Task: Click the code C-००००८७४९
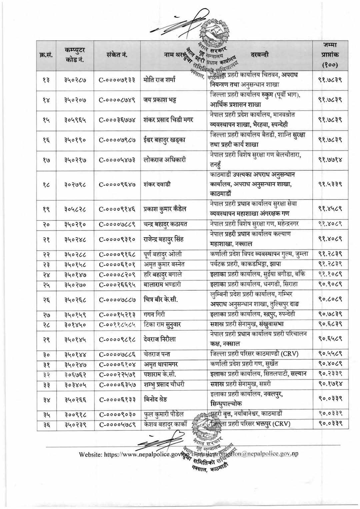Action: tap(117, 100)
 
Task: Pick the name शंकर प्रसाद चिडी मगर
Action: tap(168, 120)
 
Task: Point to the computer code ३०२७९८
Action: tap(75, 184)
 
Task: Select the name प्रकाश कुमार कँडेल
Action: tap(165, 209)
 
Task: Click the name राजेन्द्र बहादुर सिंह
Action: tap(164, 239)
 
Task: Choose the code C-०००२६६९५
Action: tap(117, 285)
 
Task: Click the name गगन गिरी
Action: tap(154, 314)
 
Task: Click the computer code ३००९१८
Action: tap(75, 414)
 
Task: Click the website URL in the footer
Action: tap(133, 454)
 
